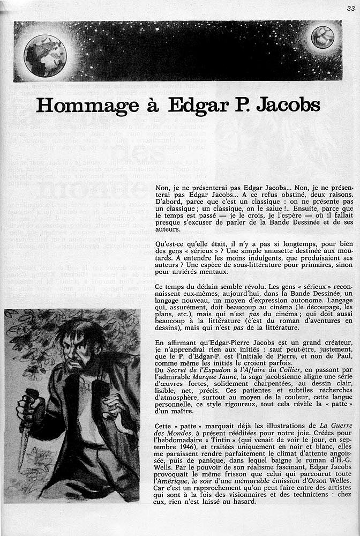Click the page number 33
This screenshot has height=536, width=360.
pos(350,8)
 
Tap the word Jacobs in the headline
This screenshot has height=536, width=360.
pos(288,104)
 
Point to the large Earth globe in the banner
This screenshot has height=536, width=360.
pos(45,56)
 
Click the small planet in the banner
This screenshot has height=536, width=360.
pos(322,38)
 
